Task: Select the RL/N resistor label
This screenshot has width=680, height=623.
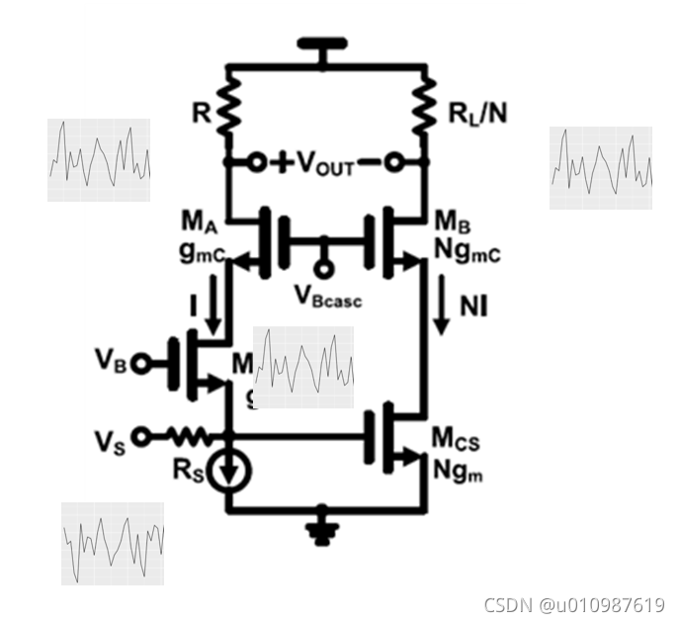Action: click(x=477, y=113)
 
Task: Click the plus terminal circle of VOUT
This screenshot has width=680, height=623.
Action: click(x=257, y=162)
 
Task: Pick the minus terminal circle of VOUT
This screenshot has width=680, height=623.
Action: click(x=394, y=162)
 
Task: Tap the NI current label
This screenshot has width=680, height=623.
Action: click(x=473, y=306)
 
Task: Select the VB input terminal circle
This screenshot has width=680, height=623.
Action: click(x=142, y=363)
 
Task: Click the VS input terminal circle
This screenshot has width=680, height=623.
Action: click(x=142, y=435)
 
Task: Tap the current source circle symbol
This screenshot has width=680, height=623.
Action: click(x=228, y=472)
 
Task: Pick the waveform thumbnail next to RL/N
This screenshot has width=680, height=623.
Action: click(x=601, y=168)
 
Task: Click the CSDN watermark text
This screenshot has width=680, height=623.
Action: click(x=572, y=604)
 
